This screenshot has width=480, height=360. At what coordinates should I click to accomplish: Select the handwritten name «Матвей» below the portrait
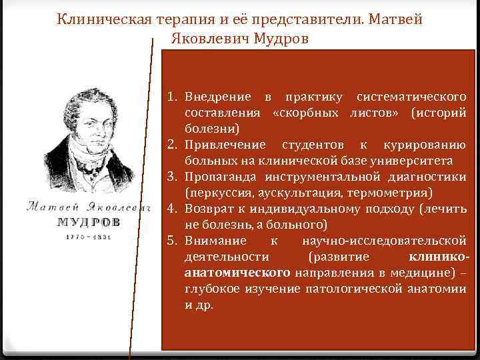click(x=49, y=206)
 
